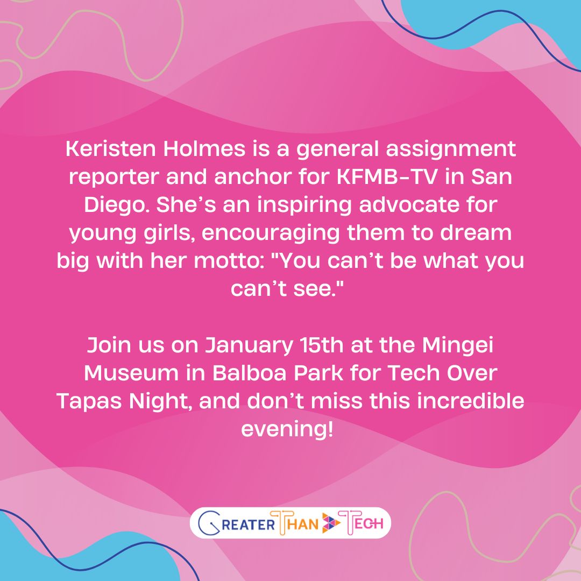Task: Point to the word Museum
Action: [124, 373]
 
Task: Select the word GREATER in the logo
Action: [237, 523]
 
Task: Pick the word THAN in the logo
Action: [297, 523]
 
